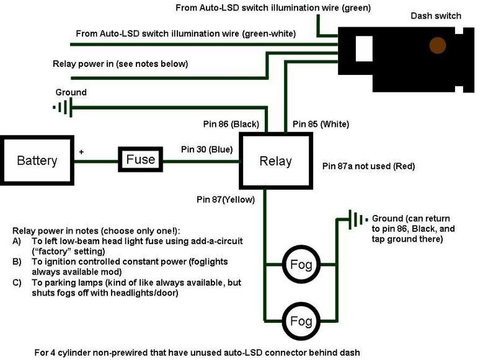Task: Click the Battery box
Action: pos(37,160)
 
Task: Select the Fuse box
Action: pos(140,160)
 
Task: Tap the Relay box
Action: pos(275,160)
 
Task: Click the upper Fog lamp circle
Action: pos(301,266)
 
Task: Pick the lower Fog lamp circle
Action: pos(301,321)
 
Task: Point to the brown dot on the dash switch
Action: pos(438,45)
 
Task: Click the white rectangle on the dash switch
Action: pos(363,49)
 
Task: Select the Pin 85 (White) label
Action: pos(321,125)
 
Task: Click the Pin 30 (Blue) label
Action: pos(206,149)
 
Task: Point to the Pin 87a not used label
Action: pos(368,166)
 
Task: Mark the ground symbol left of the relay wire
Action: pos(63,107)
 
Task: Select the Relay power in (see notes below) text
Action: pos(120,63)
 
